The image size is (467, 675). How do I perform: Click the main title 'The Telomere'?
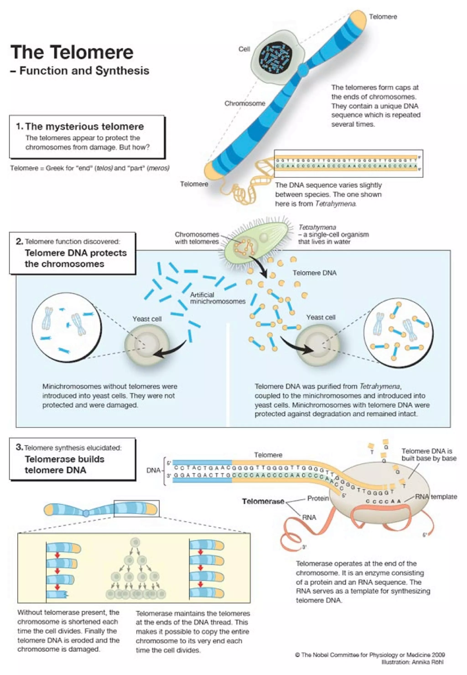(72, 52)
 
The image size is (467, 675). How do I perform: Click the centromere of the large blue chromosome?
(304, 69)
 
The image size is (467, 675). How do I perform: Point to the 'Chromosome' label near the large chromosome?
(245, 103)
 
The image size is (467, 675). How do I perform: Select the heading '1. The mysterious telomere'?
(80, 126)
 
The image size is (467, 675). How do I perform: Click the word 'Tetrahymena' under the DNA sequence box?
(336, 204)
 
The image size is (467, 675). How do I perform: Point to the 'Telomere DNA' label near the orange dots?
(314, 273)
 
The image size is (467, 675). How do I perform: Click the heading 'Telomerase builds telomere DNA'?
(64, 464)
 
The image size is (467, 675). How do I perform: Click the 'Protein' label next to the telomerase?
(318, 498)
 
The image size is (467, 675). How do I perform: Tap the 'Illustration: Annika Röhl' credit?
(412, 662)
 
